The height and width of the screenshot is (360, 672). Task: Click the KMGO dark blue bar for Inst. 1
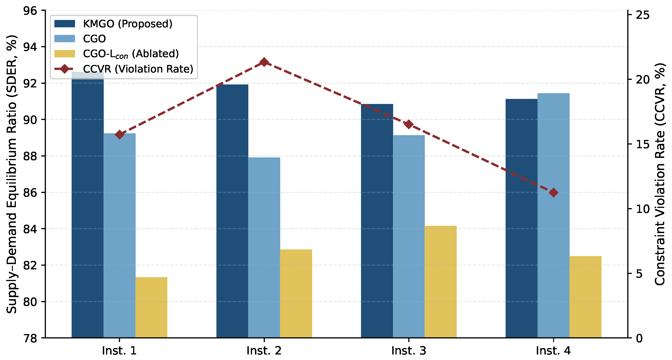coord(88,205)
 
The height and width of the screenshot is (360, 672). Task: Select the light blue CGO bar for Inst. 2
coord(264,248)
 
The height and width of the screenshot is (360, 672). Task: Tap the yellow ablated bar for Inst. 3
coord(441,282)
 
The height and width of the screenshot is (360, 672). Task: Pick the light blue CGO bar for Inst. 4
coord(554,215)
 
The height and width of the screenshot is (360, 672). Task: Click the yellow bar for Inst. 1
coord(151,307)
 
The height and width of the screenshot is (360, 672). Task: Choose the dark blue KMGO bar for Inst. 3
coord(377,221)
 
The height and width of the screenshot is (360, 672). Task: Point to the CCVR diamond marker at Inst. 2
coord(264,62)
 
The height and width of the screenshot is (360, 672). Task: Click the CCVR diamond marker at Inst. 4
coord(554,193)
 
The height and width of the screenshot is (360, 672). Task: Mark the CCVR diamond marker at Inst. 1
coord(120,135)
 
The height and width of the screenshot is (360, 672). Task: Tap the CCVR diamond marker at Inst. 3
coord(409,124)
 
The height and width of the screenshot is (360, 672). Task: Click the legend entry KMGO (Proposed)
coord(113,24)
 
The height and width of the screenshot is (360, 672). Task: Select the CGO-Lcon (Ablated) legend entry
coord(117,54)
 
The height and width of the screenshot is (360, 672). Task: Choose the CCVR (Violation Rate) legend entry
coord(124,69)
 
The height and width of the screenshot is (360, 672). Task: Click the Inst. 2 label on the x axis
coord(264,351)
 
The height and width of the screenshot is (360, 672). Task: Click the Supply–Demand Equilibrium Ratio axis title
coord(11,174)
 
